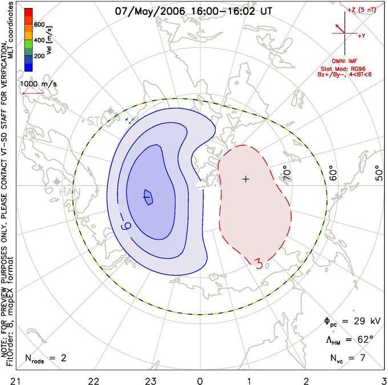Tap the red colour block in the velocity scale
28,14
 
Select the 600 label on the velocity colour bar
39,25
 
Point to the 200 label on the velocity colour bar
39,57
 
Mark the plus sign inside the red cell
246,179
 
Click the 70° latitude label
287,172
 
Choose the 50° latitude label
378,172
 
